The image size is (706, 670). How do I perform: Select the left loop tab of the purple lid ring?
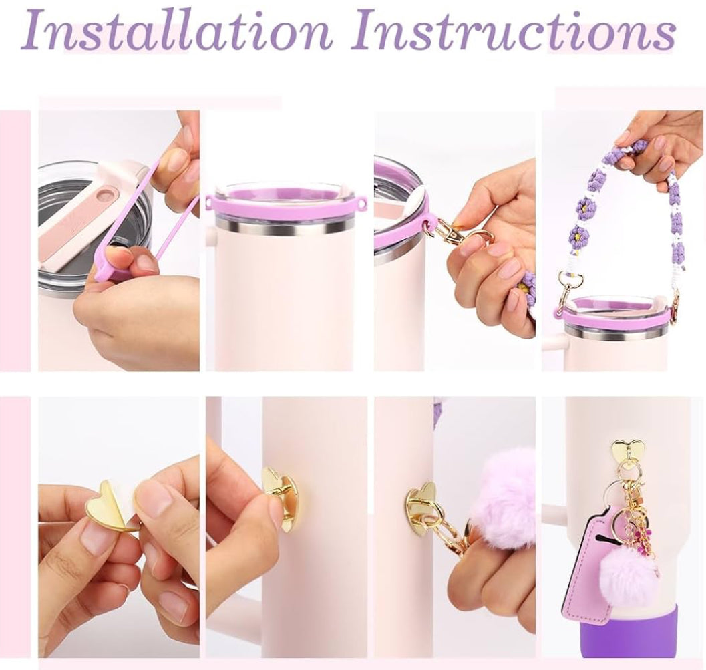click(x=209, y=201)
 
